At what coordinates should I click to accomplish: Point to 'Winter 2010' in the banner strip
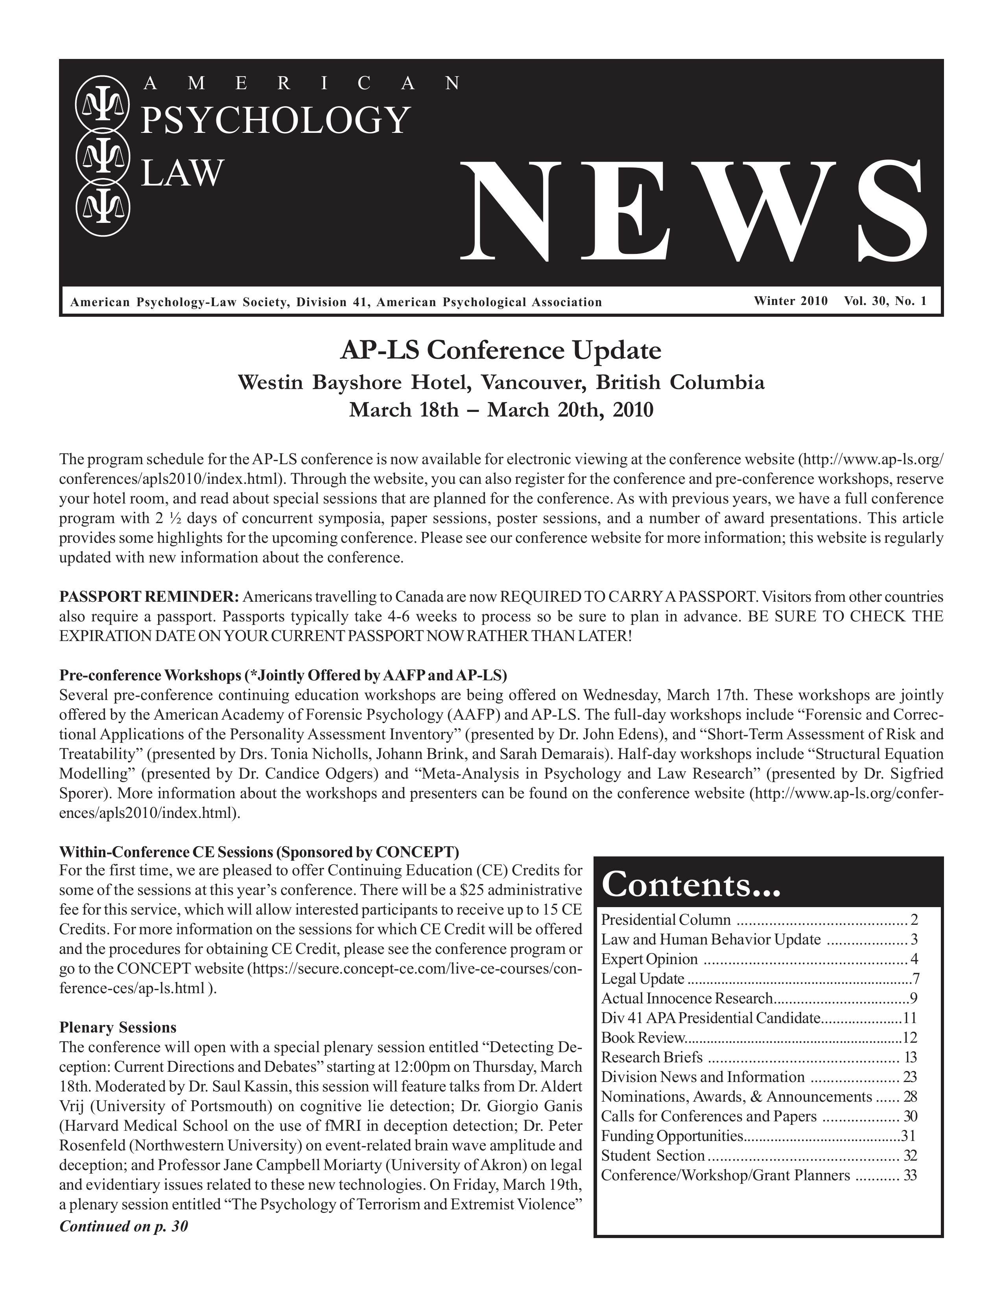coord(790,301)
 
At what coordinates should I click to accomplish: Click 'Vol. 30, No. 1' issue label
coord(885,301)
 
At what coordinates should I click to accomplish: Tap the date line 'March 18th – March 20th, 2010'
coord(500,410)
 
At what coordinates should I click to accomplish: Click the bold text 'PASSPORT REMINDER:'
coord(149,596)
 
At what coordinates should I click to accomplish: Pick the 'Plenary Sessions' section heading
coord(118,1027)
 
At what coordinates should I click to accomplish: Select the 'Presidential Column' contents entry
coord(666,920)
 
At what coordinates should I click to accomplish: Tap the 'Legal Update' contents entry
coord(642,979)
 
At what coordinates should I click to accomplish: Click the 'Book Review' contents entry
coord(643,1038)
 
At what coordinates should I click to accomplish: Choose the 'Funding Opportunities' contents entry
coord(672,1136)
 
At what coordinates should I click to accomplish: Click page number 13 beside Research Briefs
coord(910,1058)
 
